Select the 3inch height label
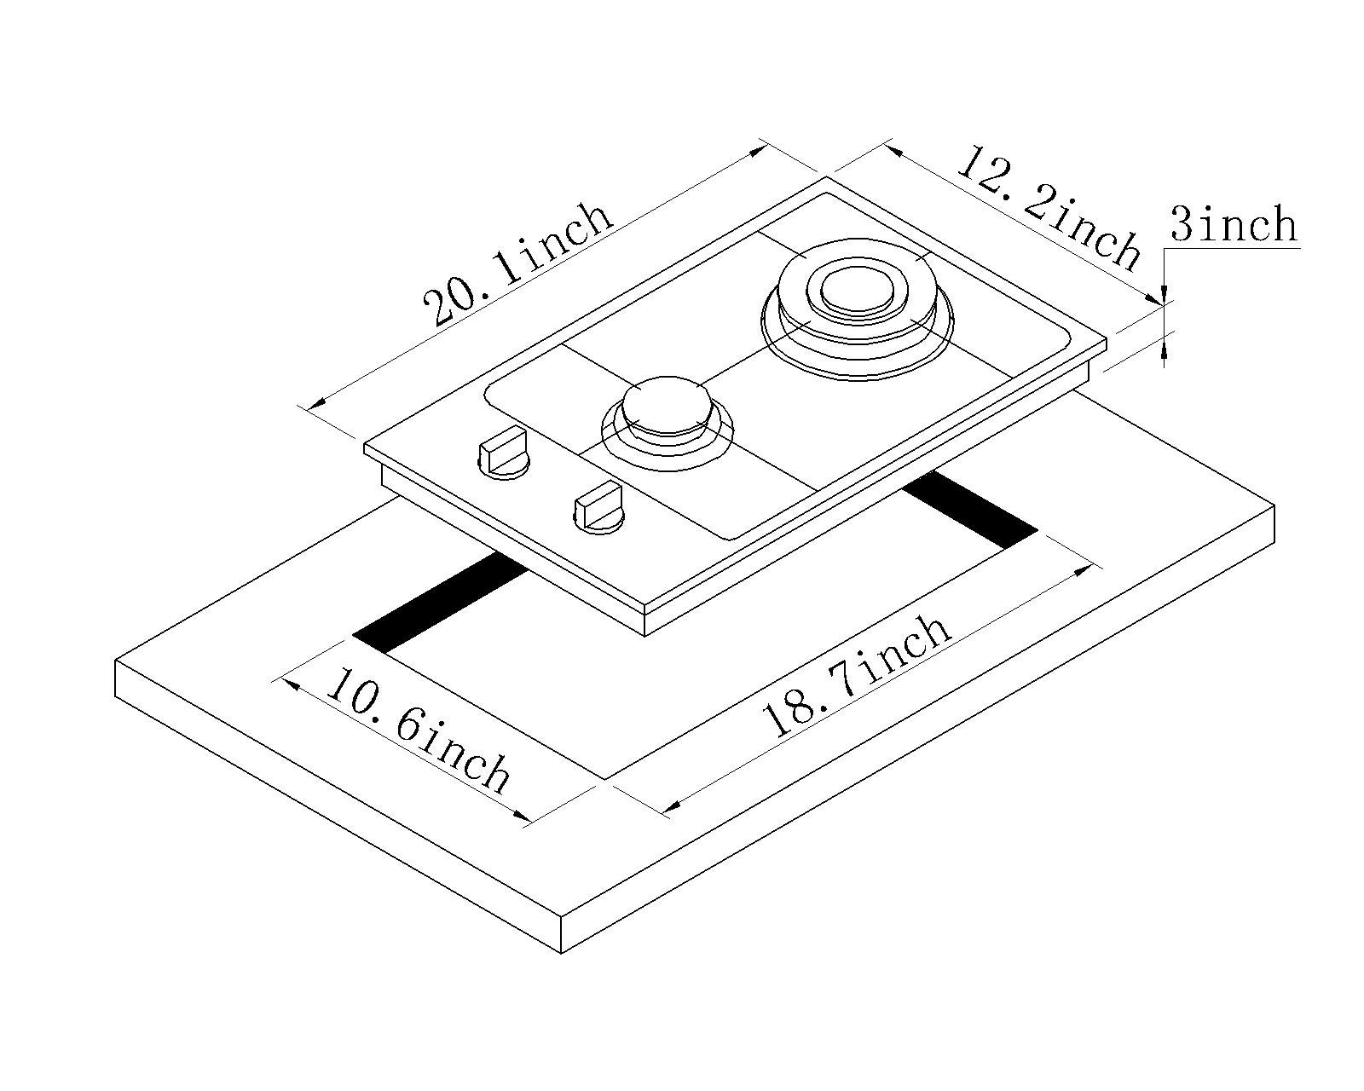coord(1233,225)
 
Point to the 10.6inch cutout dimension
coord(418,730)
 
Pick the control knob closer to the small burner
coord(599,509)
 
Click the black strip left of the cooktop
coord(440,602)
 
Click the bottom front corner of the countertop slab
coord(562,952)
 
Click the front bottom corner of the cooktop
coord(645,634)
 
